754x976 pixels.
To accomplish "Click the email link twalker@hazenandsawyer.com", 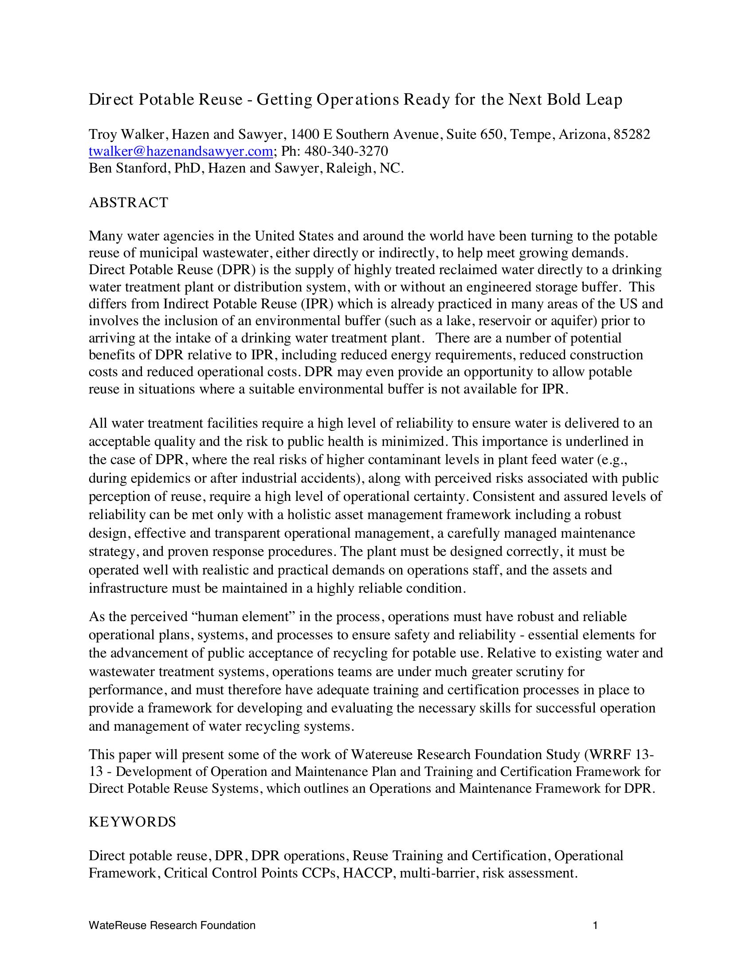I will click(181, 151).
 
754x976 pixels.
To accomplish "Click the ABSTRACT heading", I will click(129, 202).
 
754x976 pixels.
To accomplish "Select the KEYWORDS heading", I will click(132, 822).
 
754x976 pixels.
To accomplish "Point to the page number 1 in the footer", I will click(595, 925).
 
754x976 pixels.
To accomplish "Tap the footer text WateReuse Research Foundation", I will click(172, 925).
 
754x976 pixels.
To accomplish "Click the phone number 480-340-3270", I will click(346, 151).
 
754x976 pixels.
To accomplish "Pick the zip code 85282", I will click(632, 134).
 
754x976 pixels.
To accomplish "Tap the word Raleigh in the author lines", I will click(349, 169).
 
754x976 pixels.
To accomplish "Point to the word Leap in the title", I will click(606, 99).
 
